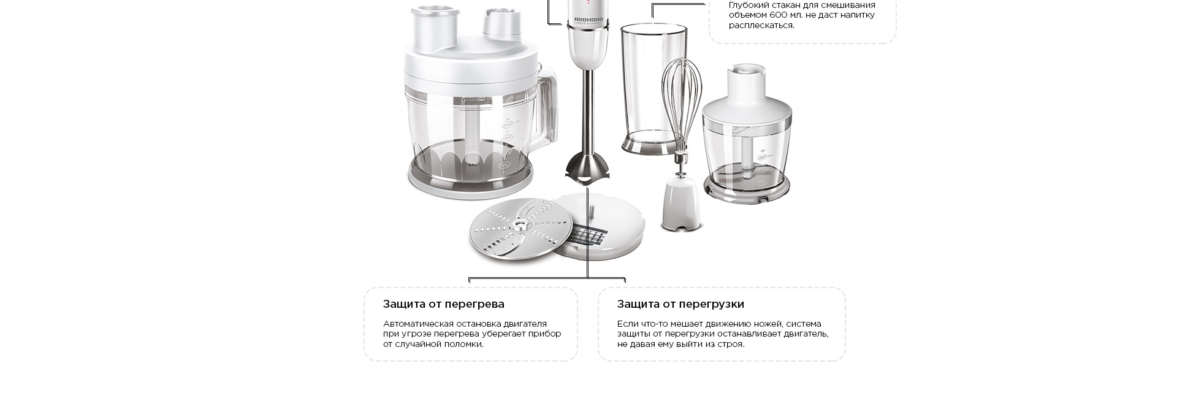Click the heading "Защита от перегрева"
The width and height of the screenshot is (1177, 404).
point(443,304)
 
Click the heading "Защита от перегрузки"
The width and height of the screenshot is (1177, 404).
point(680,304)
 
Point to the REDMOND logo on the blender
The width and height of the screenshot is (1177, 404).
point(588,20)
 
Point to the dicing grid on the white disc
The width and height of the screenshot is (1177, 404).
point(589,235)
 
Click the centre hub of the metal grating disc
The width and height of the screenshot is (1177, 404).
point(520,227)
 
